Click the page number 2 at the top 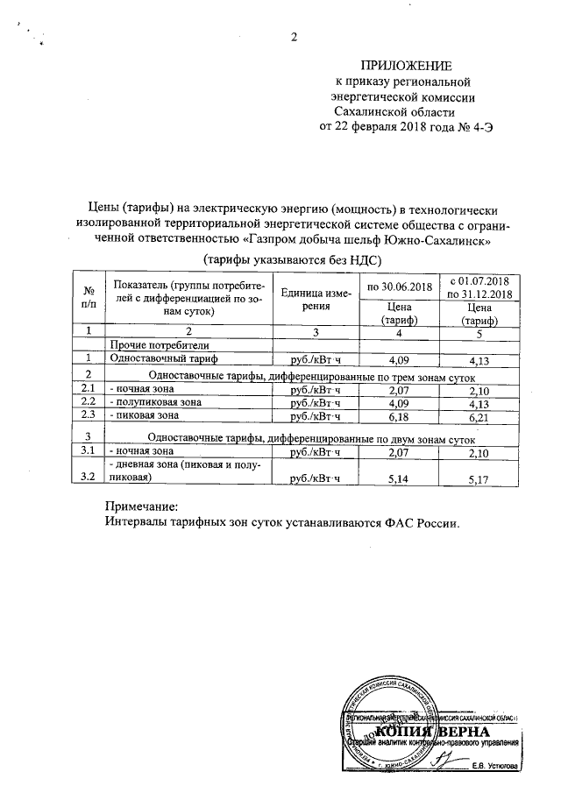(x=293, y=37)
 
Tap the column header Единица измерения (x=315, y=300)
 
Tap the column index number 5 (x=479, y=331)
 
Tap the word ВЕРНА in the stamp (x=459, y=733)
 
